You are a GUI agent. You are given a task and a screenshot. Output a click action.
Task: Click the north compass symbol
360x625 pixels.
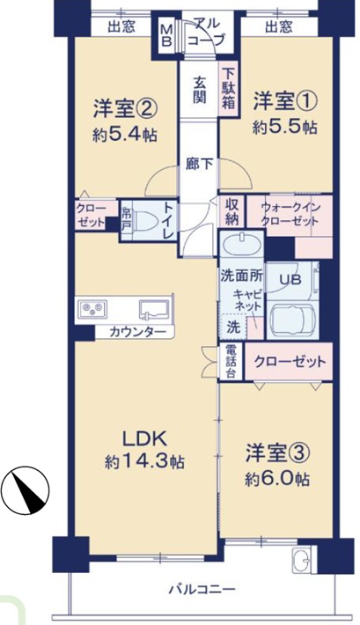point(25,489)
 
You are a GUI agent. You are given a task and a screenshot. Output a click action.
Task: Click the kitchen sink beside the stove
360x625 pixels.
point(153,310)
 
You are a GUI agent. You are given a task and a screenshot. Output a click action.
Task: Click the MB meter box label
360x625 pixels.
point(166,34)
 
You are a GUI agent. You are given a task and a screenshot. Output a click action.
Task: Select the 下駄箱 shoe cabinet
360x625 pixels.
point(228,89)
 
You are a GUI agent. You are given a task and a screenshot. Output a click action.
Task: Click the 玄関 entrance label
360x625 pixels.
point(199,90)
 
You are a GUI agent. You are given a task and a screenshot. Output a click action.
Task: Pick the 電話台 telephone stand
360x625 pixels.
point(231,361)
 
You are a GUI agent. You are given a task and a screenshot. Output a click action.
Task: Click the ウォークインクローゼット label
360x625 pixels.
point(290,214)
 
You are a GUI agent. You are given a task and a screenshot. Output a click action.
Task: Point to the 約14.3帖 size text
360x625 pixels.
point(144,461)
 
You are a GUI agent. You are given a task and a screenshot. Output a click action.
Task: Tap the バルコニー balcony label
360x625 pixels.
point(202,588)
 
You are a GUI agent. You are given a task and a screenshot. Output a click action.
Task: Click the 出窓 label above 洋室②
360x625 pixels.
point(121,26)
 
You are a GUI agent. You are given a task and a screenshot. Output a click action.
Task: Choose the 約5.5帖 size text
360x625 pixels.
point(284,128)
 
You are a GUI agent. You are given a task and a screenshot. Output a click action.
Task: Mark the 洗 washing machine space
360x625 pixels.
point(233,327)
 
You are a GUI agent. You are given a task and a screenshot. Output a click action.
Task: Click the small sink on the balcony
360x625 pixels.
point(302,559)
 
